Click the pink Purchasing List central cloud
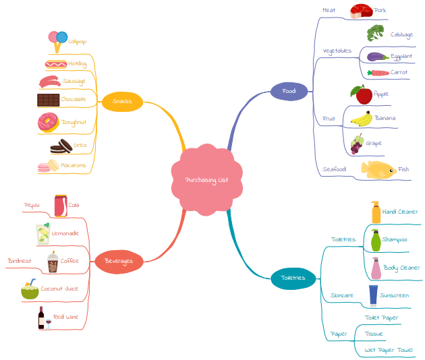click(x=206, y=179)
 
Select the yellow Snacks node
click(x=122, y=102)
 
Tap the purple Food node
click(x=289, y=91)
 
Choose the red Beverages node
click(x=119, y=261)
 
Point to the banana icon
click(x=362, y=119)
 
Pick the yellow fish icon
click(x=378, y=169)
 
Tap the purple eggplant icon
click(x=377, y=57)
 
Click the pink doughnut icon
click(x=48, y=123)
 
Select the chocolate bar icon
click(x=48, y=100)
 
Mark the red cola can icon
click(x=61, y=206)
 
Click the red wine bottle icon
click(x=42, y=317)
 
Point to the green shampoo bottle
click(x=375, y=240)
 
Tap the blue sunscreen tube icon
click(x=373, y=295)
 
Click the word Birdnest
click(x=19, y=260)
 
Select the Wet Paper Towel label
click(x=389, y=350)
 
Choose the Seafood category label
click(x=334, y=169)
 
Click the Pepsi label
click(x=32, y=205)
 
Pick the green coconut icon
click(x=30, y=291)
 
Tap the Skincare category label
click(x=341, y=295)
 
